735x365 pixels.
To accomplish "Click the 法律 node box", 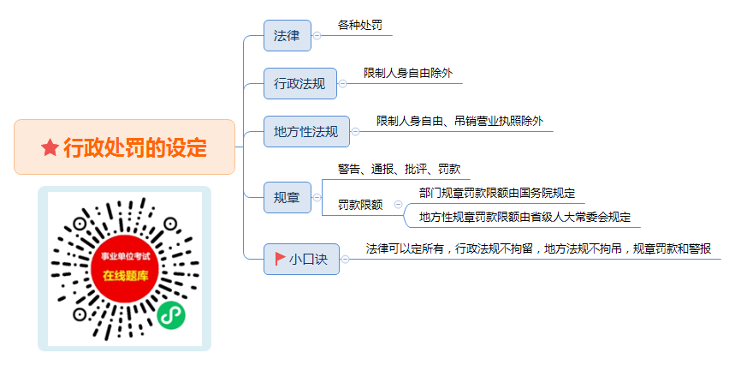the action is point(287,35).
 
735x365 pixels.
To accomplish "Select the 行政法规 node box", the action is point(300,83).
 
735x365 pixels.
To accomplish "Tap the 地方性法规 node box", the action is point(306,131).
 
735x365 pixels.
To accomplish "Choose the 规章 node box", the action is point(287,198).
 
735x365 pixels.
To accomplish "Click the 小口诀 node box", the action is point(301,259).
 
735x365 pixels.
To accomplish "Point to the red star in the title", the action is point(50,147).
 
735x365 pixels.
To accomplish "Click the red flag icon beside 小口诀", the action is point(281,259).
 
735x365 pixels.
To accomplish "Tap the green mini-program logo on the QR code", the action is point(170,315).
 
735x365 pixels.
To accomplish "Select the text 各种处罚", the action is point(360,26).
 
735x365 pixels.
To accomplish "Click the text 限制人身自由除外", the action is point(408,73).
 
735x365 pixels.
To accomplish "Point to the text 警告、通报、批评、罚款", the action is point(400,169).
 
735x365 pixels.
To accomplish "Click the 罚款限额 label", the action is point(360,205).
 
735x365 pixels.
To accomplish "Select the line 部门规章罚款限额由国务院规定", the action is point(497,193).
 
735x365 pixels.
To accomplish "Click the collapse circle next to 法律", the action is point(317,36).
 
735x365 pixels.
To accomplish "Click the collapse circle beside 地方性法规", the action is point(355,132).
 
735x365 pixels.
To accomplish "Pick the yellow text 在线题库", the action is point(126,276).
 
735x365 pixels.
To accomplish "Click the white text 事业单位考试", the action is point(126,256).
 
